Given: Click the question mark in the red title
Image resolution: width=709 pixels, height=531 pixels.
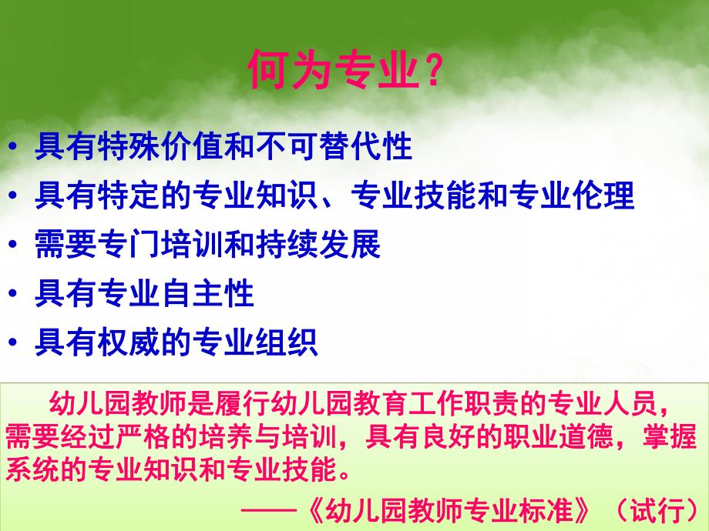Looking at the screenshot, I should coord(433,72).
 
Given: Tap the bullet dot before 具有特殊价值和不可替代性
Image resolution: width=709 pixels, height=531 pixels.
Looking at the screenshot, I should coord(17,147).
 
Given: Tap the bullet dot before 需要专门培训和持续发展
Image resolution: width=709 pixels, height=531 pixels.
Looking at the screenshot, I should coord(17,245).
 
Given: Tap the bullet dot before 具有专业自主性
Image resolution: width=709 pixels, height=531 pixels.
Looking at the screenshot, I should coord(17,294).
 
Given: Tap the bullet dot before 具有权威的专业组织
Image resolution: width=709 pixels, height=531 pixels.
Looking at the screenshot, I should coord(17,342).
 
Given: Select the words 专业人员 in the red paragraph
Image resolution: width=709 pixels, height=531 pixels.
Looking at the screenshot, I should coord(601,403).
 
